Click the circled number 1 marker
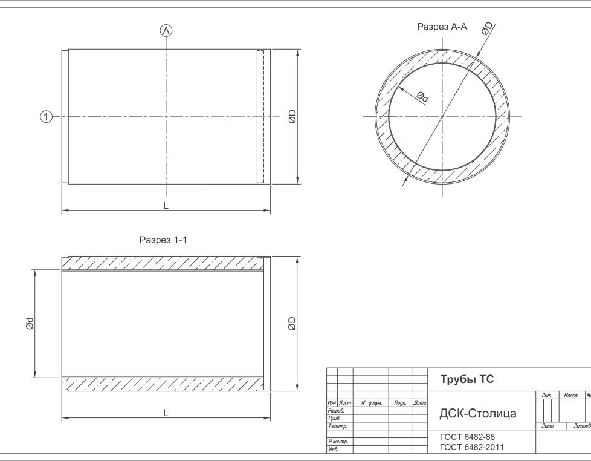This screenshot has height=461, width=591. pyautogui.click(x=46, y=116)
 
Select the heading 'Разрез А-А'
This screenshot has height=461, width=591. pyautogui.click(x=442, y=27)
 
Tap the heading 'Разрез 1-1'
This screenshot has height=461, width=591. pyautogui.click(x=163, y=240)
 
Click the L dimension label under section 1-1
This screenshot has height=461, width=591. pyautogui.click(x=166, y=413)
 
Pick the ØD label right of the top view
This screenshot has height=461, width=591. pyautogui.click(x=292, y=116)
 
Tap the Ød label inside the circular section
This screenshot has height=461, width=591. pyautogui.click(x=422, y=96)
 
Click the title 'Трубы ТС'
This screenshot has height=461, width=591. pyautogui.click(x=467, y=380)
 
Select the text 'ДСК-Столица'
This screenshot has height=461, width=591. pyautogui.click(x=477, y=414)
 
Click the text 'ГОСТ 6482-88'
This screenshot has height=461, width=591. pyautogui.click(x=467, y=437)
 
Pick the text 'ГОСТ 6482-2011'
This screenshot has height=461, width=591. pyautogui.click(x=471, y=447)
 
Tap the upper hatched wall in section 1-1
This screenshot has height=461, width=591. pyautogui.click(x=163, y=263)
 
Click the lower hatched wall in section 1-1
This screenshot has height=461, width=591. pyautogui.click(x=163, y=384)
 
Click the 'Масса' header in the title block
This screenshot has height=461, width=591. pyautogui.click(x=570, y=396)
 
